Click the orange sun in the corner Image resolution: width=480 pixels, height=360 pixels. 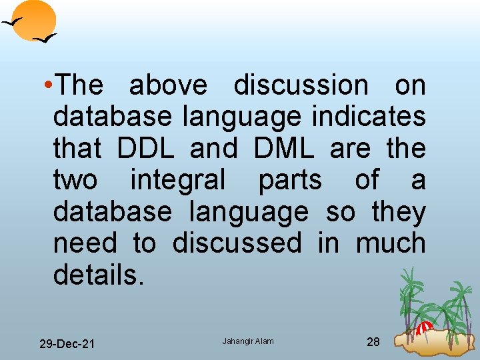34,19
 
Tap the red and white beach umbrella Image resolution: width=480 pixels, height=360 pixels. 425,327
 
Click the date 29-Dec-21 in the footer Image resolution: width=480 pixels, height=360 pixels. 67,344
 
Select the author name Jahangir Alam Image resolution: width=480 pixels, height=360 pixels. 247,341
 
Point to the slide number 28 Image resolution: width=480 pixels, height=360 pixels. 373,342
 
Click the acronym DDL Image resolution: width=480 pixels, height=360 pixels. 145,149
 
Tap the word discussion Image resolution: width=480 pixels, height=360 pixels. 301,85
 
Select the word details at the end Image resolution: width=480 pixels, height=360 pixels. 97,275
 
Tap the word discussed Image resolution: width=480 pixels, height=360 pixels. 237,243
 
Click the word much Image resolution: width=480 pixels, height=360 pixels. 391,243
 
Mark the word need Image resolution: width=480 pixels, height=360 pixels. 86,243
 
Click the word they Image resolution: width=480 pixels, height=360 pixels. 399,213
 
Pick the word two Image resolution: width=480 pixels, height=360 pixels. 75,181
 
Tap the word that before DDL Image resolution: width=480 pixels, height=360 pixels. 77,149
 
